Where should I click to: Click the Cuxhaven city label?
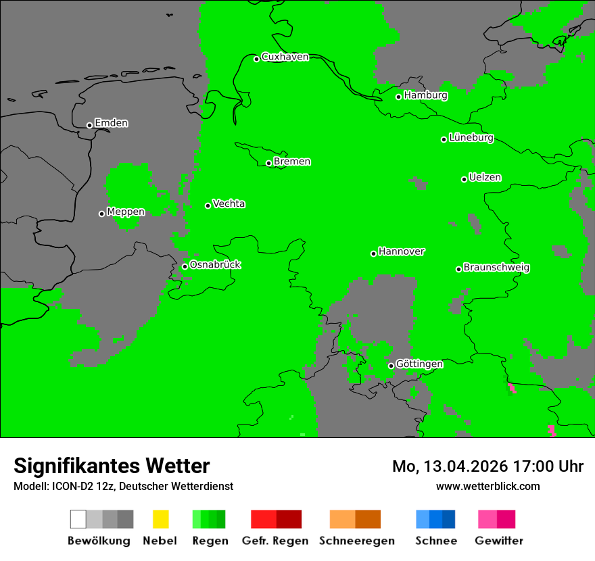coord(285,57)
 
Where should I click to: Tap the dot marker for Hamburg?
coord(399,97)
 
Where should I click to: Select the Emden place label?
coord(111,123)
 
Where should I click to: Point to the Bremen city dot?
coord(268,163)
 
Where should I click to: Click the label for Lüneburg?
coord(471,138)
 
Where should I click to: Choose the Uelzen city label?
coord(485,178)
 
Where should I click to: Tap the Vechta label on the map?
coord(229,203)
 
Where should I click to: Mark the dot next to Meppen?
coord(101,214)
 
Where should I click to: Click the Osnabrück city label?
coord(215,265)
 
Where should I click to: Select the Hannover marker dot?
coord(373,253)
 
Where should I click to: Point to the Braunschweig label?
coord(496,268)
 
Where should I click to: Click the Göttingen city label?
coord(419,364)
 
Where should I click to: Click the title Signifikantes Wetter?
coord(112,466)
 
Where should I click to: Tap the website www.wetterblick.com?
coord(487,487)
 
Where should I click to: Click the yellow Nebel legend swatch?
coord(160,519)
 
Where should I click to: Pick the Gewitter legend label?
coord(499,541)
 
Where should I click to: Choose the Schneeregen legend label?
coord(357,541)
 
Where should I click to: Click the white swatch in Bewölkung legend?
coord(78,519)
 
